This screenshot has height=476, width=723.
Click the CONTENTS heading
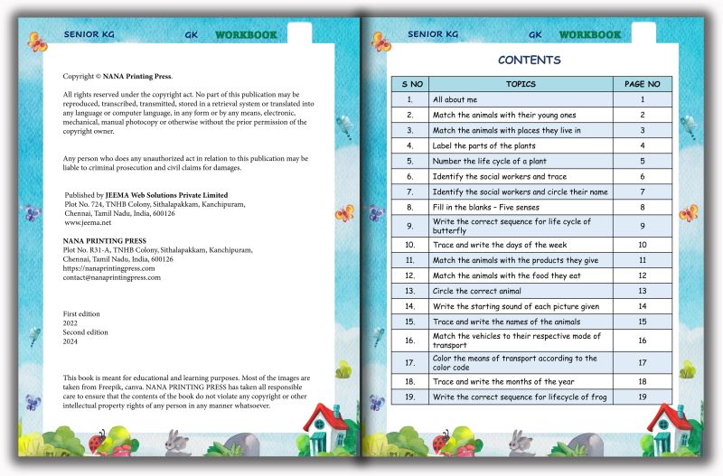(x=529, y=61)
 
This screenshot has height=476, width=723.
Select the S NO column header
(x=411, y=84)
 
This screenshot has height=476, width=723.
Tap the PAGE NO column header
(x=642, y=84)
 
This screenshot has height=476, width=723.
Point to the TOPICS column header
(x=521, y=84)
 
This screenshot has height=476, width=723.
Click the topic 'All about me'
(x=454, y=99)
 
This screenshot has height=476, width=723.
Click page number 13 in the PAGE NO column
(x=642, y=291)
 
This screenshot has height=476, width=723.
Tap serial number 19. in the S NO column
(x=410, y=397)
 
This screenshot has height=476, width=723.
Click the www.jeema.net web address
(x=87, y=222)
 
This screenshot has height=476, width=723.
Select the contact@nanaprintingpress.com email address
(x=111, y=277)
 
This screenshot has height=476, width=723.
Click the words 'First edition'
(x=81, y=314)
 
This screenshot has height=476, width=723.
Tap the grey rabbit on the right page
(x=520, y=442)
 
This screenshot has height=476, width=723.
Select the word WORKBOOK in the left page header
(x=246, y=35)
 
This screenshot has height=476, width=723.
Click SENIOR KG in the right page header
(x=432, y=35)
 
